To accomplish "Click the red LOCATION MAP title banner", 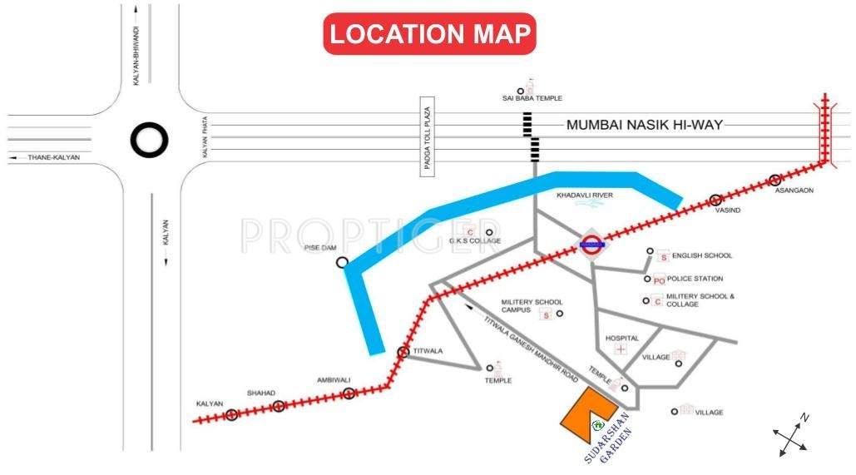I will pos(429,34).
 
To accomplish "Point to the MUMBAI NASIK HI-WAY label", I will pos(644,126).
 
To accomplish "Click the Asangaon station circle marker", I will pos(775,181).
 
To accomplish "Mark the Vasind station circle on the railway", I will pos(715,200).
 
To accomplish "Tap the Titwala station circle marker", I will pos(403,352).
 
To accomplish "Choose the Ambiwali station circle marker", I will pos(349,393).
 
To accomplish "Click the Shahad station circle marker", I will pos(279,406).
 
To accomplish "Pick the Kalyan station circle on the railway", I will pos(232,414).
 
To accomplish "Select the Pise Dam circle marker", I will pos(342,262).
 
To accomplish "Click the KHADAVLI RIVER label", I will pos(584,195).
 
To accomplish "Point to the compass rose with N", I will pos(790,435).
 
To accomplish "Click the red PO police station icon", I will pos(659,280).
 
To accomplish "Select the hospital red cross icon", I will pos(621,349).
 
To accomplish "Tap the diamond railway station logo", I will pos(591,245).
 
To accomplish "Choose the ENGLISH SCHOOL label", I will pos(702,256).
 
